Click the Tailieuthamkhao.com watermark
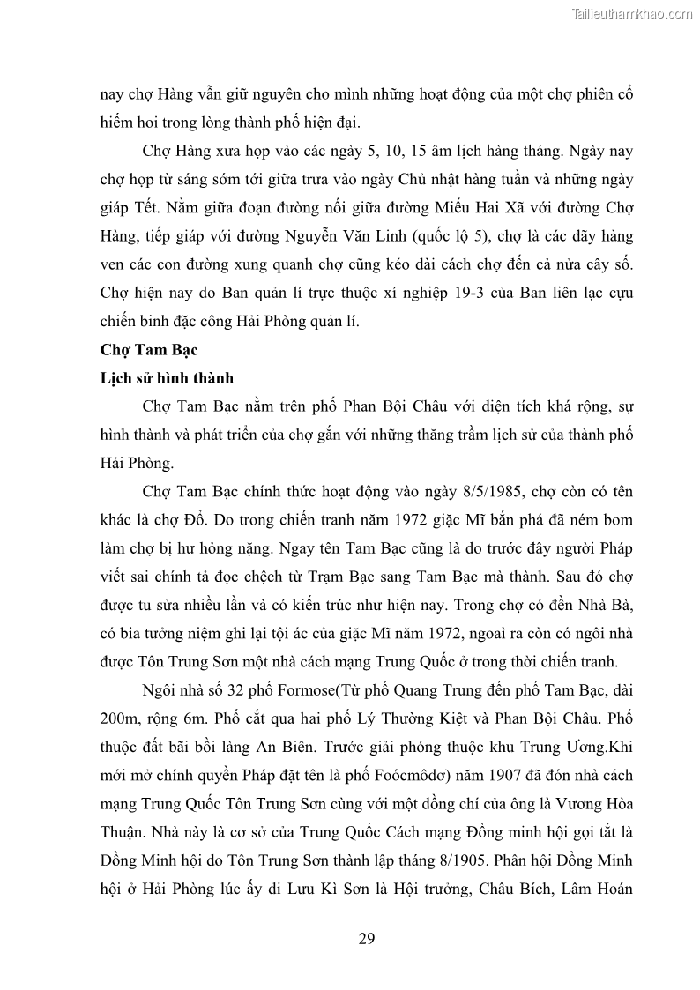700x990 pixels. tap(633, 13)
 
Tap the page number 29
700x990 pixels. tap(367, 938)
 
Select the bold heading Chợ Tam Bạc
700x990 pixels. tap(148, 350)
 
